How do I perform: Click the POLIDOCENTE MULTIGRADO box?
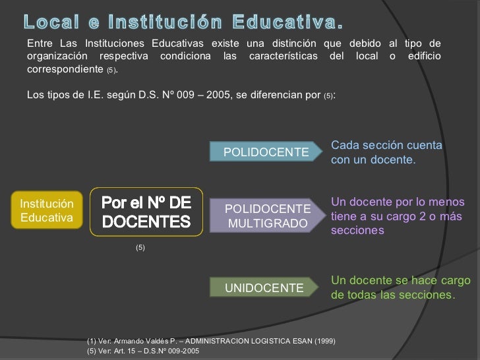[x=267, y=216]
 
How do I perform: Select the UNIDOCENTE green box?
[x=265, y=288]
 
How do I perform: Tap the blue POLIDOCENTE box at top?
[x=266, y=152]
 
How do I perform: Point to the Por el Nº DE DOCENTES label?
[x=146, y=210]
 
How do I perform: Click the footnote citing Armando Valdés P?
[x=211, y=340]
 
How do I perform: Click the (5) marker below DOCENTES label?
[x=140, y=247]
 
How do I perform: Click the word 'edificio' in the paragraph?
[x=423, y=56]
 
